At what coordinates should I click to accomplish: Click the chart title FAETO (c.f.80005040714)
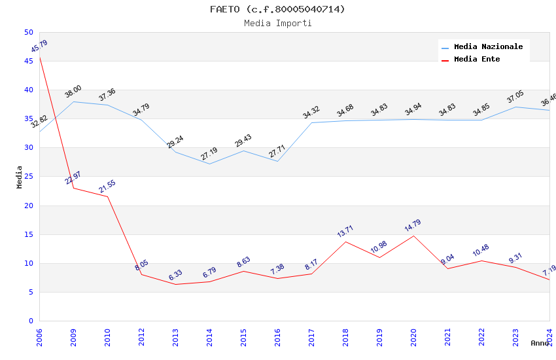coord(277,9)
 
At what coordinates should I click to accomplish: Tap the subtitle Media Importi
coord(277,23)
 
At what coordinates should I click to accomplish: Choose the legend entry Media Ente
coord(477,59)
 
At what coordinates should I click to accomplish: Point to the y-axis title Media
coord(20,177)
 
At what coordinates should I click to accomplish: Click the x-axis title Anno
coord(540,343)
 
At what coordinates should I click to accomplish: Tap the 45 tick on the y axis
coord(28,61)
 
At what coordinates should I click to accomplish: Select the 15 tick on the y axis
coord(28,234)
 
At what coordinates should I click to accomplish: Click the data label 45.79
coord(39,46)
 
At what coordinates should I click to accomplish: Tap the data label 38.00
coord(73,92)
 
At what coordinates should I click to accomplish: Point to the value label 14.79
coord(413,226)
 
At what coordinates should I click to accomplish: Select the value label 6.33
coord(175,275)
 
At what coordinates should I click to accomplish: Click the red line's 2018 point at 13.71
coord(345,242)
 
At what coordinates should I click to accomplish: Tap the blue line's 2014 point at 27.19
coord(209,164)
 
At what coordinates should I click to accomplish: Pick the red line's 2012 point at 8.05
coord(141,274)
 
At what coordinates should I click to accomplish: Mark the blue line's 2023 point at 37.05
coord(515,107)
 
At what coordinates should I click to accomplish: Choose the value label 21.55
coord(107,187)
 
